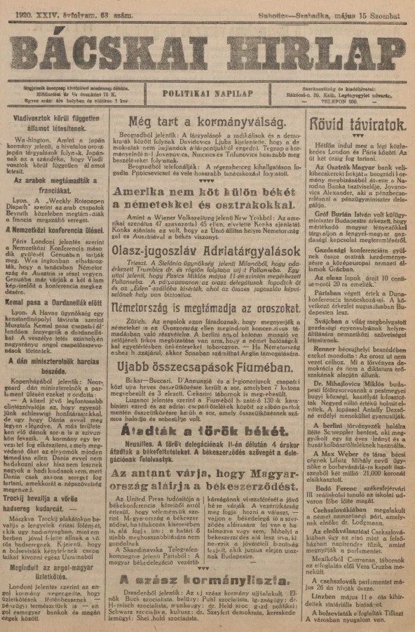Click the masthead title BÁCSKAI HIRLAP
click(x=207, y=51)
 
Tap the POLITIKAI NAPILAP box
click(x=207, y=92)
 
